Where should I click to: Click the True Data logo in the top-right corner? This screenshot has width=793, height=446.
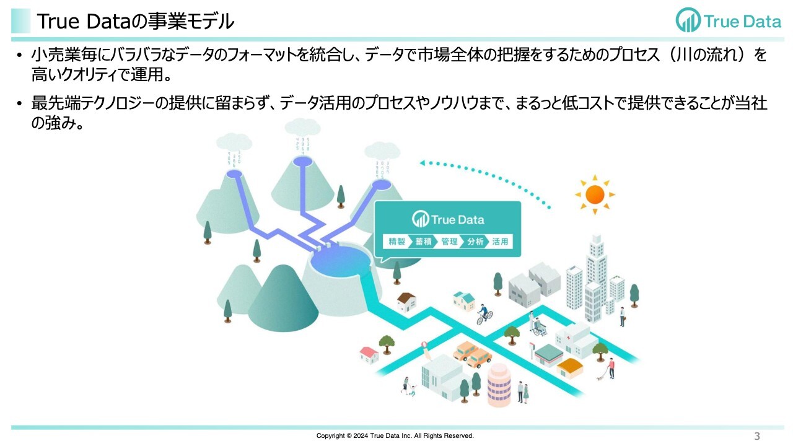pos(728,21)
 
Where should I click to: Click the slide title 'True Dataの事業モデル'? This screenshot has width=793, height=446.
pos(135,22)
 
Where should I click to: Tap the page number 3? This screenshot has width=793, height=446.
pos(756,435)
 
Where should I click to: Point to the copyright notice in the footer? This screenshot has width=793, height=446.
pos(395,435)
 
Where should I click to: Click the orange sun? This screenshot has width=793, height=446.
pos(594,195)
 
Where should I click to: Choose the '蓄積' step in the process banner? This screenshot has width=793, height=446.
pos(423,242)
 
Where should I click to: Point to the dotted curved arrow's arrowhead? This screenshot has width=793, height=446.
pos(423,164)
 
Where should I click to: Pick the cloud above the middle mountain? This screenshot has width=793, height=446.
pos(302,127)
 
